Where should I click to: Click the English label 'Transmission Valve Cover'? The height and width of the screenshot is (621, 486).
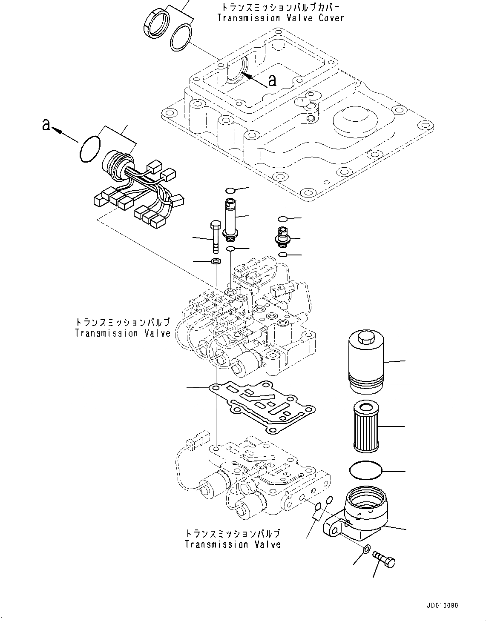coord(280,18)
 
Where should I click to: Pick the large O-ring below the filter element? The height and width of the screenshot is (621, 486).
coord(365,472)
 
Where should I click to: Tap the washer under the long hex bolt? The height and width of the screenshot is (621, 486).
coord(216,260)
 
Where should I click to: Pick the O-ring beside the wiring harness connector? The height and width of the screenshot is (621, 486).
coord(90,149)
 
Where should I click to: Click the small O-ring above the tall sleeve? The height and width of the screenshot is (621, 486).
coord(230,190)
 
